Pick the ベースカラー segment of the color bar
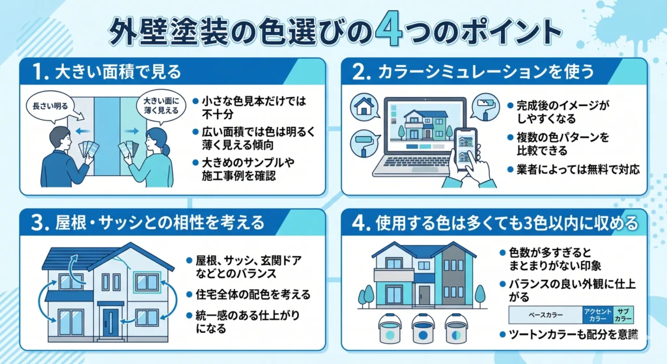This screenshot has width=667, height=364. point(545,316)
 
